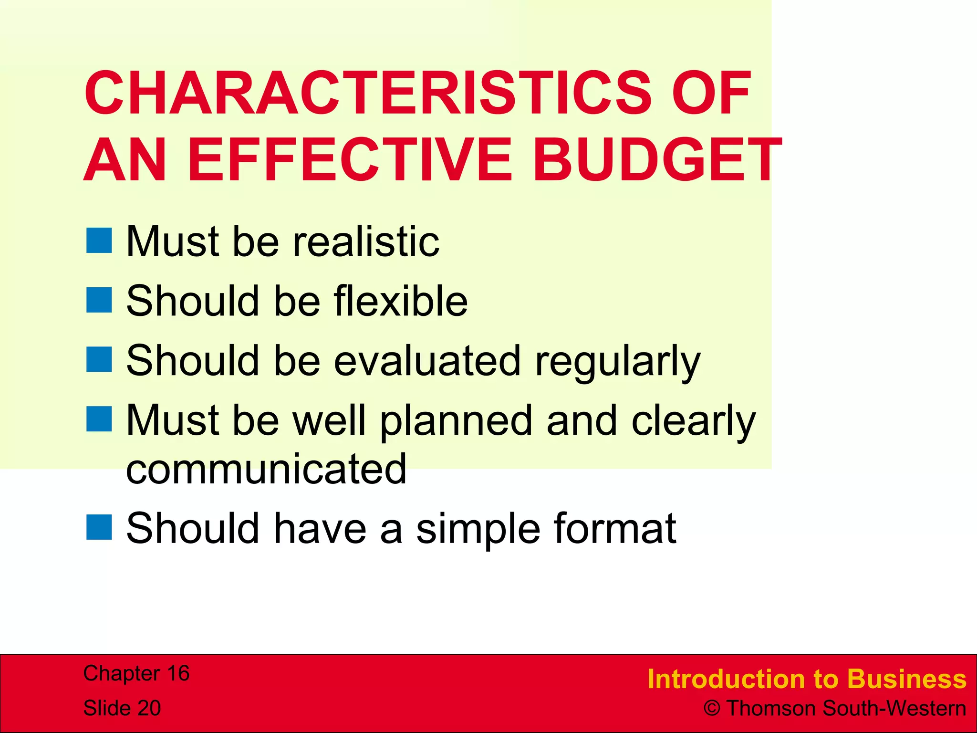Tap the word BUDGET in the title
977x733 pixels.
(x=657, y=160)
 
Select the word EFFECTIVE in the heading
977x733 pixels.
(x=351, y=160)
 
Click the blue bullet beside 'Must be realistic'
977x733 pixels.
(x=99, y=241)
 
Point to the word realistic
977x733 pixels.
(x=366, y=241)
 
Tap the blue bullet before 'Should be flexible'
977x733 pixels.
(x=99, y=300)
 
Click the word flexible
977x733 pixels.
(x=400, y=301)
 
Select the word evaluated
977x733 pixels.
(x=427, y=361)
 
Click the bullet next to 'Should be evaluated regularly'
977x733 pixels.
(x=99, y=359)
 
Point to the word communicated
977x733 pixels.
(x=266, y=469)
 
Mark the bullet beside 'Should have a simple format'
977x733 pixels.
(x=99, y=527)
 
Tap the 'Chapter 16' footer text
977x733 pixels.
(x=136, y=673)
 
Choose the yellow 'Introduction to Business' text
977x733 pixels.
(x=807, y=679)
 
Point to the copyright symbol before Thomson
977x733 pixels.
(x=712, y=709)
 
